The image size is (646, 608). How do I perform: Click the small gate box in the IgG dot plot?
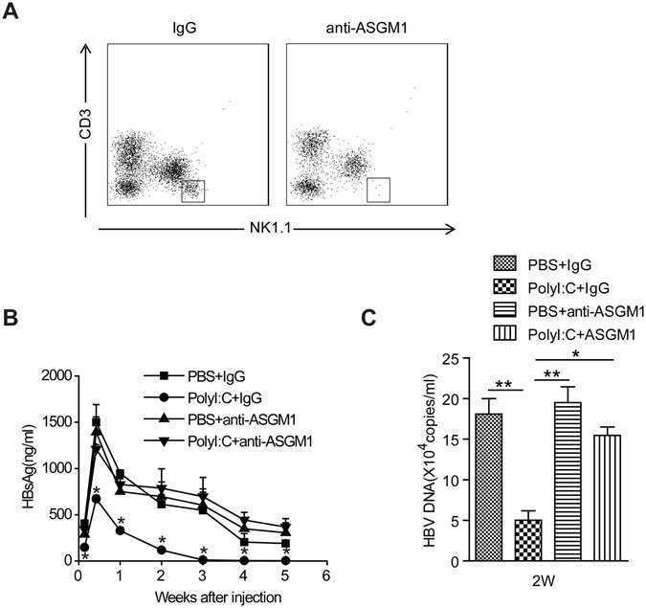coord(193,190)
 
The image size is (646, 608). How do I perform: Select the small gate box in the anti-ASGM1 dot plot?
coord(379,190)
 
